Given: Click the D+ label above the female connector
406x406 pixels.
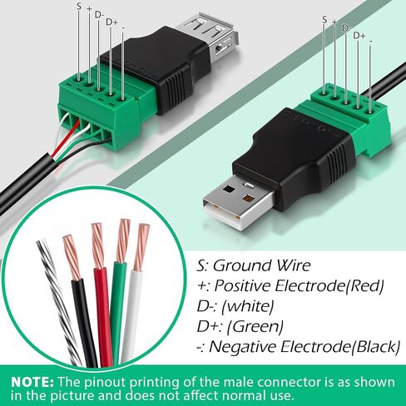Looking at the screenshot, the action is pos(111,22).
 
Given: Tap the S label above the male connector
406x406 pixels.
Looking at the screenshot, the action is pos(324,20).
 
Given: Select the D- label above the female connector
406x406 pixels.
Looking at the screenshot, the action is pos(99,15).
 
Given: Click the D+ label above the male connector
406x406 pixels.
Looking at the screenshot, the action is pos(359,36).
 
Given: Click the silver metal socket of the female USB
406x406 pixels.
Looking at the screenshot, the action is pos(210,36).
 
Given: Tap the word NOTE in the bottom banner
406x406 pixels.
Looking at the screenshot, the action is pos(32,383).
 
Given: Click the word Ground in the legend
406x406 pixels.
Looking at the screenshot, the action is pos(242,265).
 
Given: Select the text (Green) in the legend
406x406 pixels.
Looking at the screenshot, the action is pos(255,327).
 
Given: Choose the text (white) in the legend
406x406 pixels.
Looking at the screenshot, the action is pos(248,306).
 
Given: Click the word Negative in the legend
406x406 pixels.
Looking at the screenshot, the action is pos(243,347).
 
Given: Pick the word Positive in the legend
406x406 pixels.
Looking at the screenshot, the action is pos(242,285).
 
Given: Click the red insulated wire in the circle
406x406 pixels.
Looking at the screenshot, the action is pos(103,316).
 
